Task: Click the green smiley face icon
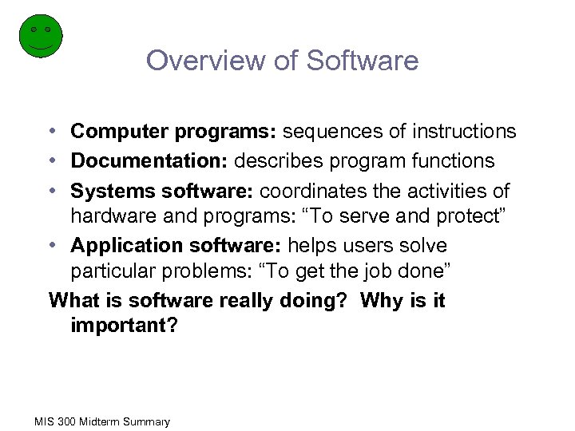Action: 40,36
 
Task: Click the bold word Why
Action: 383,301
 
